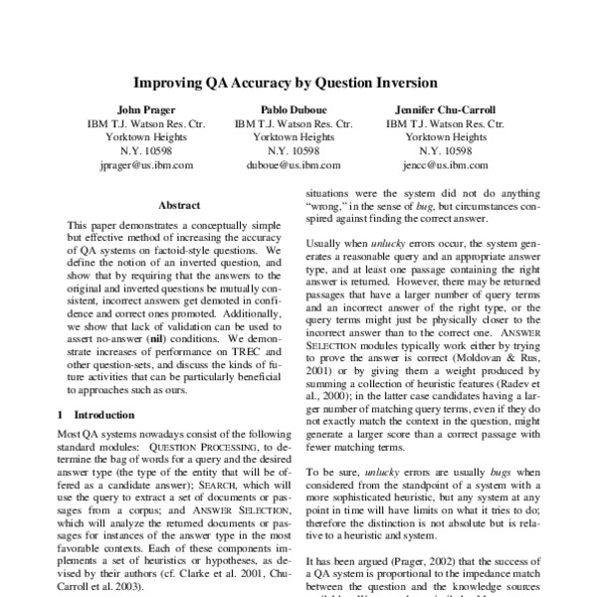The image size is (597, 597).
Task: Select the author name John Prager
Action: pyautogui.click(x=146, y=108)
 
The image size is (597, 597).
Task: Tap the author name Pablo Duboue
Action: pyautogui.click(x=294, y=108)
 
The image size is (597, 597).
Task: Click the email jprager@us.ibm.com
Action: pyautogui.click(x=146, y=165)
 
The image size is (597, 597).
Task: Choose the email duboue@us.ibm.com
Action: pyautogui.click(x=295, y=165)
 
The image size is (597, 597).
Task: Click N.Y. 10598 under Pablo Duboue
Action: pyautogui.click(x=294, y=150)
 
